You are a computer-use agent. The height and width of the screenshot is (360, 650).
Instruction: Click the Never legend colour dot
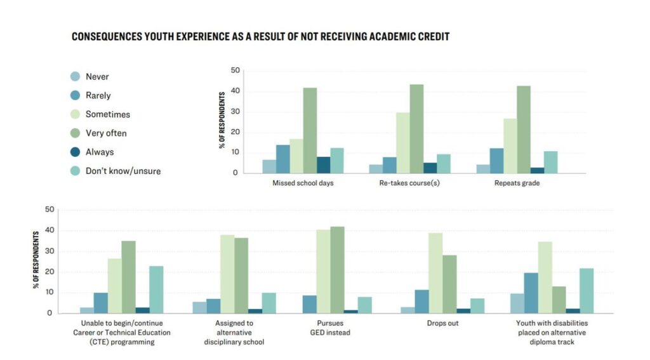click(74, 77)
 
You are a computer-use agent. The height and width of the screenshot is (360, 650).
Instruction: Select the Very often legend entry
click(106, 133)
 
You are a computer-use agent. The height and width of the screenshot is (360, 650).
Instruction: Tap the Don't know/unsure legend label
click(124, 171)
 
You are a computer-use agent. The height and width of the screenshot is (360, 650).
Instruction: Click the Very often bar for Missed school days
click(310, 130)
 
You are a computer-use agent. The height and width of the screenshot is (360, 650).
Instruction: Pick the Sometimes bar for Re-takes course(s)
click(402, 143)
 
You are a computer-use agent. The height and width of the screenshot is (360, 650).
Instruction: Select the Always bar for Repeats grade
click(537, 170)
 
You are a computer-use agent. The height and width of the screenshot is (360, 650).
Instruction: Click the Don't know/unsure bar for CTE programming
click(156, 290)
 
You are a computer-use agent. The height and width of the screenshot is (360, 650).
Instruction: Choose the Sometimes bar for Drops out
click(435, 273)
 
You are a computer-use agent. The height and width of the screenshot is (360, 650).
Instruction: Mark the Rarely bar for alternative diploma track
click(531, 293)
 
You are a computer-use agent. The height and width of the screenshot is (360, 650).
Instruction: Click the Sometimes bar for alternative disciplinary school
click(227, 274)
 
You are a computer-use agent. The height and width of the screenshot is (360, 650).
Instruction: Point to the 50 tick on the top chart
click(235, 70)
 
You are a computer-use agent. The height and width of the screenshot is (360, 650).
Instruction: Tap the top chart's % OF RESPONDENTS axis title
click(222, 120)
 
